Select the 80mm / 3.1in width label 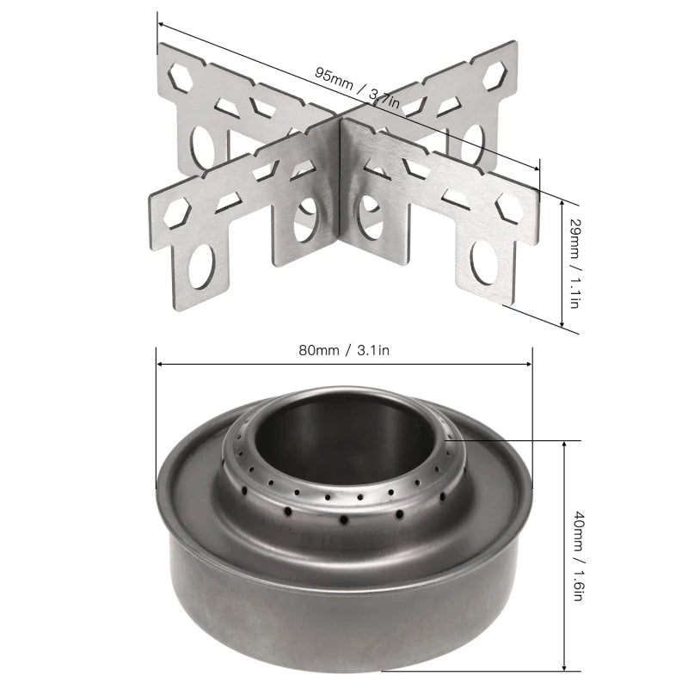(x=345, y=350)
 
